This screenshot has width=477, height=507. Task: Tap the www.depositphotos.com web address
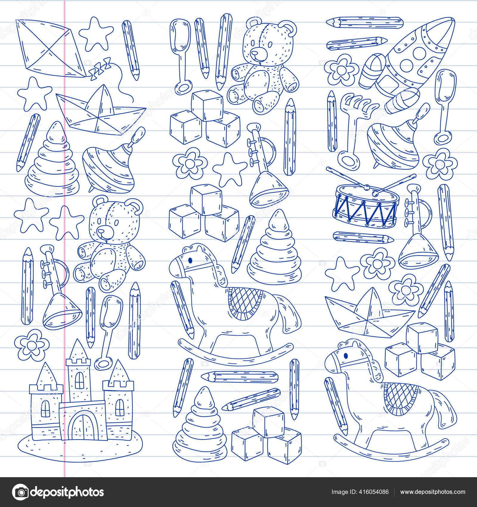pos(433,483)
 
